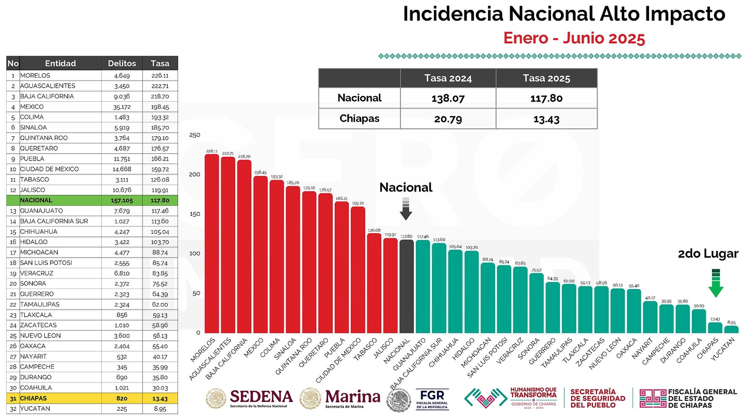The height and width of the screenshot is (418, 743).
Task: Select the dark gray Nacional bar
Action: pyautogui.click(x=407, y=286)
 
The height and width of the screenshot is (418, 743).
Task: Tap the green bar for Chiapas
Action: pyautogui.click(x=715, y=328)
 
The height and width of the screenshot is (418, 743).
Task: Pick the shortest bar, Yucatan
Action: pyautogui.click(x=731, y=329)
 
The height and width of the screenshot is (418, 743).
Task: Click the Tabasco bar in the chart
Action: pyautogui.click(x=374, y=283)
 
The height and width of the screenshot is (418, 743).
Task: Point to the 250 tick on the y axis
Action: pyautogui.click(x=195, y=135)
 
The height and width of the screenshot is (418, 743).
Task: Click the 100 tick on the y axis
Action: pyautogui.click(x=195, y=253)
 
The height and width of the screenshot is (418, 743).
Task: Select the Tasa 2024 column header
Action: pyautogui.click(x=448, y=78)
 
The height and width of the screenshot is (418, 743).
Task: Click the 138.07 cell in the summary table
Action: pyautogui.click(x=448, y=98)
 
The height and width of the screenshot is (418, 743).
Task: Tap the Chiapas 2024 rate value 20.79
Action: pyautogui.click(x=448, y=118)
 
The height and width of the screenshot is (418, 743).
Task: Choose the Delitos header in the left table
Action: pyautogui.click(x=122, y=63)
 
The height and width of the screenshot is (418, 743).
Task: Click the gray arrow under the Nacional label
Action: pyautogui.click(x=406, y=209)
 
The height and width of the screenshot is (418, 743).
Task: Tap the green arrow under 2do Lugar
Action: pyautogui.click(x=715, y=283)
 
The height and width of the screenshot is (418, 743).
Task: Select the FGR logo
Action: pyautogui.click(x=432, y=399)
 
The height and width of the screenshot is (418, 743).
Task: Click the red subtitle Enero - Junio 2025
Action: pyautogui.click(x=574, y=38)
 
